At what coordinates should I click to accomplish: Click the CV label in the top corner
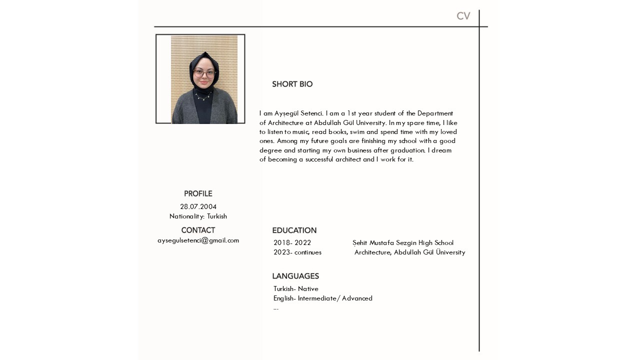(x=463, y=16)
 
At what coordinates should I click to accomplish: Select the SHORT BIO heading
(x=292, y=84)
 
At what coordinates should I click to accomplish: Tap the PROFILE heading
(x=198, y=193)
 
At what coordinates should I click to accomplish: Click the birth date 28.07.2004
(x=198, y=206)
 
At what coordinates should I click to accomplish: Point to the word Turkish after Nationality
(x=217, y=216)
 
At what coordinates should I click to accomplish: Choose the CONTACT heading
(x=198, y=230)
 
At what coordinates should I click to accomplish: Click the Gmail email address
(x=198, y=240)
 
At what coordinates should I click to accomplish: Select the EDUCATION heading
(x=294, y=230)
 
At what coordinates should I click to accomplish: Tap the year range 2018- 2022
(x=292, y=243)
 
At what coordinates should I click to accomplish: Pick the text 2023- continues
(x=297, y=252)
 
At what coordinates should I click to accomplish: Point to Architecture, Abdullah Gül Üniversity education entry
(x=409, y=252)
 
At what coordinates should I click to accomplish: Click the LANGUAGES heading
(x=295, y=276)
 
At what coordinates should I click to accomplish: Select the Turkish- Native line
(x=296, y=289)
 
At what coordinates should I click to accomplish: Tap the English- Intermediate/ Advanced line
(x=323, y=298)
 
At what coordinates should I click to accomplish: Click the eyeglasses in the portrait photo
(x=203, y=73)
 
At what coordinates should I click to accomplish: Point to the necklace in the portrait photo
(x=203, y=96)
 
